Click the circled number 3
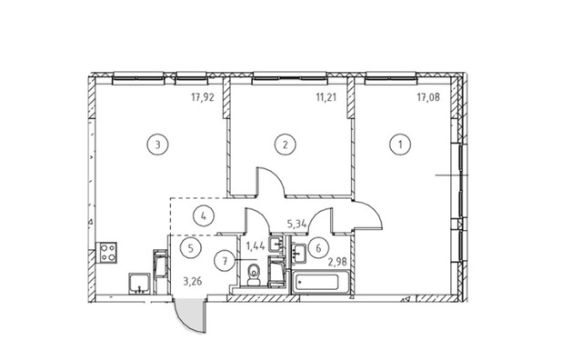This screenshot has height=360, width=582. pos(157,144)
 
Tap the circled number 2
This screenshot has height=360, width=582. pos(285,144)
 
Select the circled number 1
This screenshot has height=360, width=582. pos(400,144)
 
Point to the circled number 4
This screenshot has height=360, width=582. pos(204,215)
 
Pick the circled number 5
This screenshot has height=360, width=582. pos(191,248)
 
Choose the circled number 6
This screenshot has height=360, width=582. pos(318,248)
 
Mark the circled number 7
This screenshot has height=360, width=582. pos(225,261)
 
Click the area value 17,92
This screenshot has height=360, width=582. pos(203,97)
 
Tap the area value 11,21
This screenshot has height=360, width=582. pos(326,97)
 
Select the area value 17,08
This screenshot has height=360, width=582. pos(428,97)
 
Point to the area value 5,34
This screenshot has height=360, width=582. pos(296,224)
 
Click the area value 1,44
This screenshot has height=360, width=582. pos(256,245)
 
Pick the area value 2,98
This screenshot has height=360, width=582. pos(337,262)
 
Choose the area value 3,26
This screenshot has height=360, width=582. pos(193,281)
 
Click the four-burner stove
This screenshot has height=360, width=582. pos(106,253)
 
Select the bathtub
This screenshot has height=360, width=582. pos(321,283)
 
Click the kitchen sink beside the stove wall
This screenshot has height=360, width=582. pos(139,284)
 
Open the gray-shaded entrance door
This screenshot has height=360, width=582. pos(190,315)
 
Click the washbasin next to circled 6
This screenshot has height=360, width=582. pos(298,254)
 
